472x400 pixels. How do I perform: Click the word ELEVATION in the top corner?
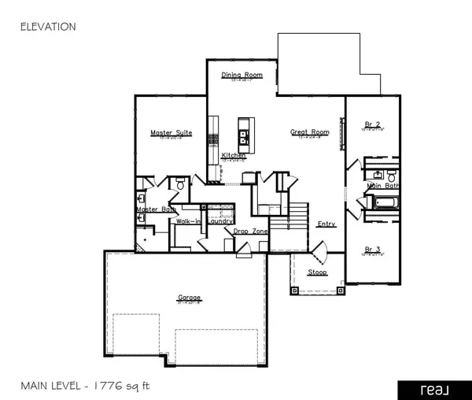(x=47, y=27)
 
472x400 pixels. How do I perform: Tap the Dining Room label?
(x=242, y=76)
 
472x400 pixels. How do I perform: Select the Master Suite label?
(x=171, y=133)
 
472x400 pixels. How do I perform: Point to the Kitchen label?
(x=234, y=156)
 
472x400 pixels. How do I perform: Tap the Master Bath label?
(x=156, y=209)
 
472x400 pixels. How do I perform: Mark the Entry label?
(x=326, y=224)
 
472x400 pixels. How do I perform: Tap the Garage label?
(x=189, y=298)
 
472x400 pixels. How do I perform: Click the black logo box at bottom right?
(x=430, y=387)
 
